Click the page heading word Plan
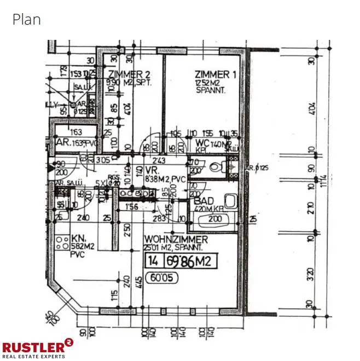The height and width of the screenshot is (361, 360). (x=26, y=20)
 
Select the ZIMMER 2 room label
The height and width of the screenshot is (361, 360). (x=129, y=74)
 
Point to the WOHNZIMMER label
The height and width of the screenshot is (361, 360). (x=176, y=240)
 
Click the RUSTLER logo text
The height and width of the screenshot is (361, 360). (x=33, y=346)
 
